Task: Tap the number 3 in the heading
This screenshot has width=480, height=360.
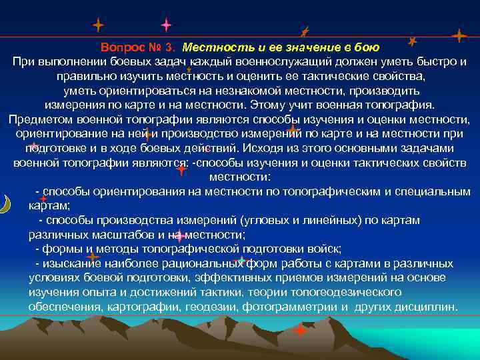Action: [172, 47]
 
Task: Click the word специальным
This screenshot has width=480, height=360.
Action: [433, 191]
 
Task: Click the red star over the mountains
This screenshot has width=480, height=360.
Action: [300, 330]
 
